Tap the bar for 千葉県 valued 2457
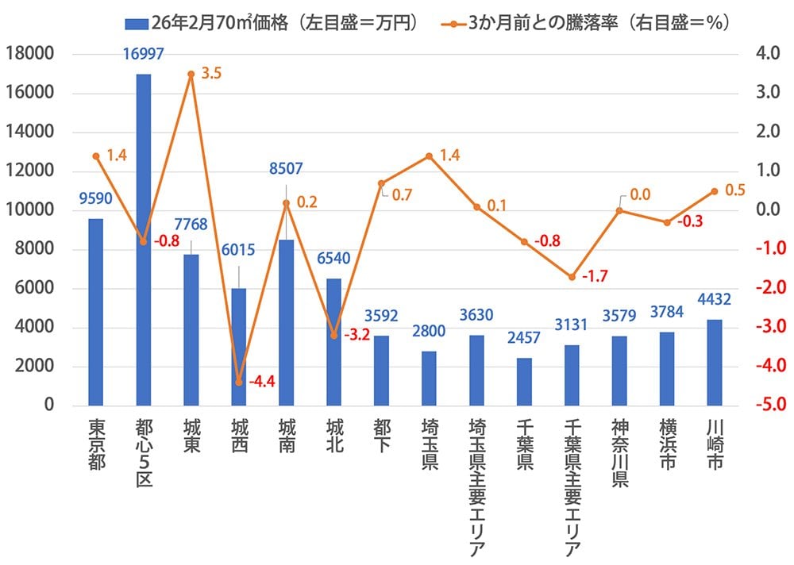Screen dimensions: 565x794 (x=524, y=382)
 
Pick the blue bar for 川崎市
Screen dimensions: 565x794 (x=715, y=363)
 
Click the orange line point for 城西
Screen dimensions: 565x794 (x=239, y=382)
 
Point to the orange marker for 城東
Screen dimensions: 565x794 (x=191, y=74)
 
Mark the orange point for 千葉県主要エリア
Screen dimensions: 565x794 (x=572, y=277)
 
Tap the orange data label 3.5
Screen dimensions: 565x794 (x=212, y=74)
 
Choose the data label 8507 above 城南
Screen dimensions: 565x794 (x=287, y=169)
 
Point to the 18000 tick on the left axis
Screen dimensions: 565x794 (x=29, y=54)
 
